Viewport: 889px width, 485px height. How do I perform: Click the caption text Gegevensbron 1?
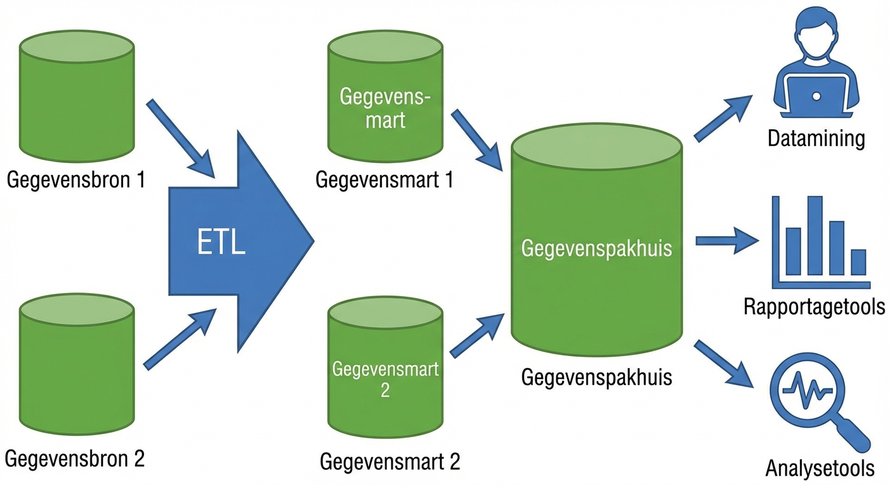pos(76,181)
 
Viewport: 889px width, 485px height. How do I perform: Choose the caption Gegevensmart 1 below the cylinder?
pos(385,181)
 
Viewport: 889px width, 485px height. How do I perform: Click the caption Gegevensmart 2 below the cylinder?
pos(390,461)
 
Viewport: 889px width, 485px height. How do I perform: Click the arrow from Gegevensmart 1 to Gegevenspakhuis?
pos(476,140)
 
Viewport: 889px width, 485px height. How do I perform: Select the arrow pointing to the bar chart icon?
pos(726,241)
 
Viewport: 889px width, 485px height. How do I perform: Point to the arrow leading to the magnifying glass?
pos(724,363)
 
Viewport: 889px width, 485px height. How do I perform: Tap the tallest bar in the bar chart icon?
pos(814,235)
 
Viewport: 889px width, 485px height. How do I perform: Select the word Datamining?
pos(816,138)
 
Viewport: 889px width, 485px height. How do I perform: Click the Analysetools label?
pos(820,468)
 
